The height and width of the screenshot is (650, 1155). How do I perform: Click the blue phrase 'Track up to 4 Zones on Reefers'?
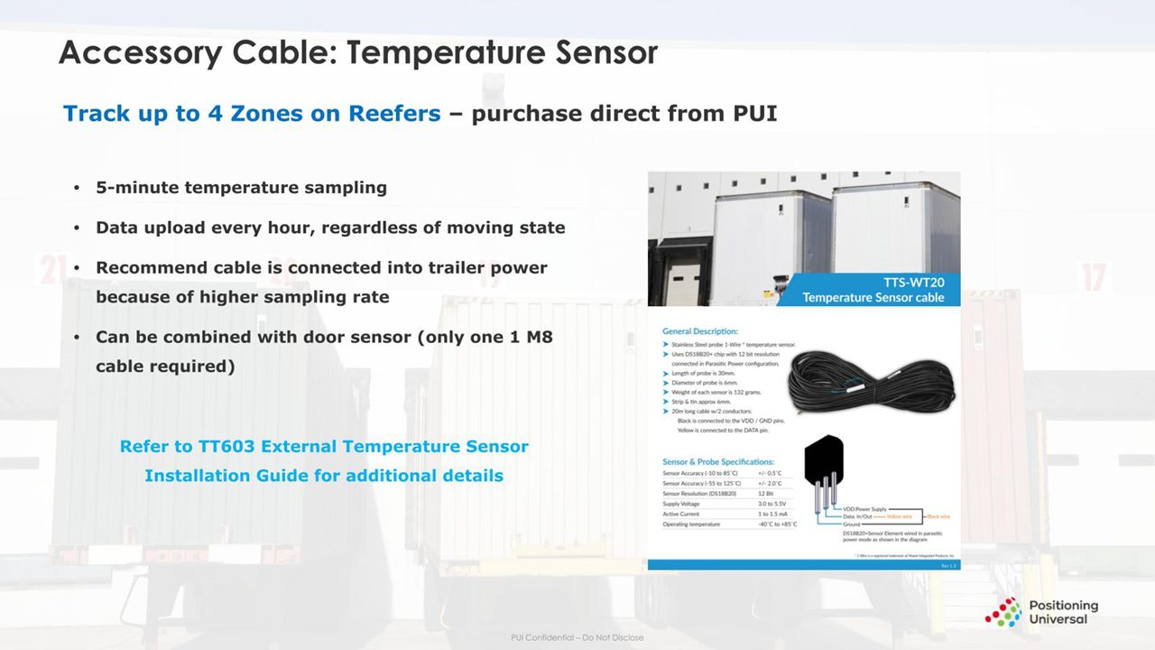tap(252, 114)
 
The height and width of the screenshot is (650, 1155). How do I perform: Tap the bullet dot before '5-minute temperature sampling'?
tap(77, 189)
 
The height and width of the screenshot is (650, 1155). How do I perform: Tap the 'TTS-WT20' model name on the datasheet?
tap(913, 282)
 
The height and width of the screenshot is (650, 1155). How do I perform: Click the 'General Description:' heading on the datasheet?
tap(700, 331)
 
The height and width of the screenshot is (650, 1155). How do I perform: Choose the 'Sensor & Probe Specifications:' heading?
tap(718, 461)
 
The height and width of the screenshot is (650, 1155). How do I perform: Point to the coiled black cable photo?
tap(870, 385)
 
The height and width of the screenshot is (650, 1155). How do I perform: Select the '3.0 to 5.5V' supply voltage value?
tap(774, 504)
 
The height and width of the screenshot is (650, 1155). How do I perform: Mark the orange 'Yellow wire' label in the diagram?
tap(900, 516)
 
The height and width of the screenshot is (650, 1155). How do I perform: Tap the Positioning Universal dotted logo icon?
tap(1003, 611)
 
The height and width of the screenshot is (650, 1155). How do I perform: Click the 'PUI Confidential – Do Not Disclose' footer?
tap(577, 638)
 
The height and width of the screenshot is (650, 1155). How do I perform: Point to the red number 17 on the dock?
tap(1093, 277)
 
